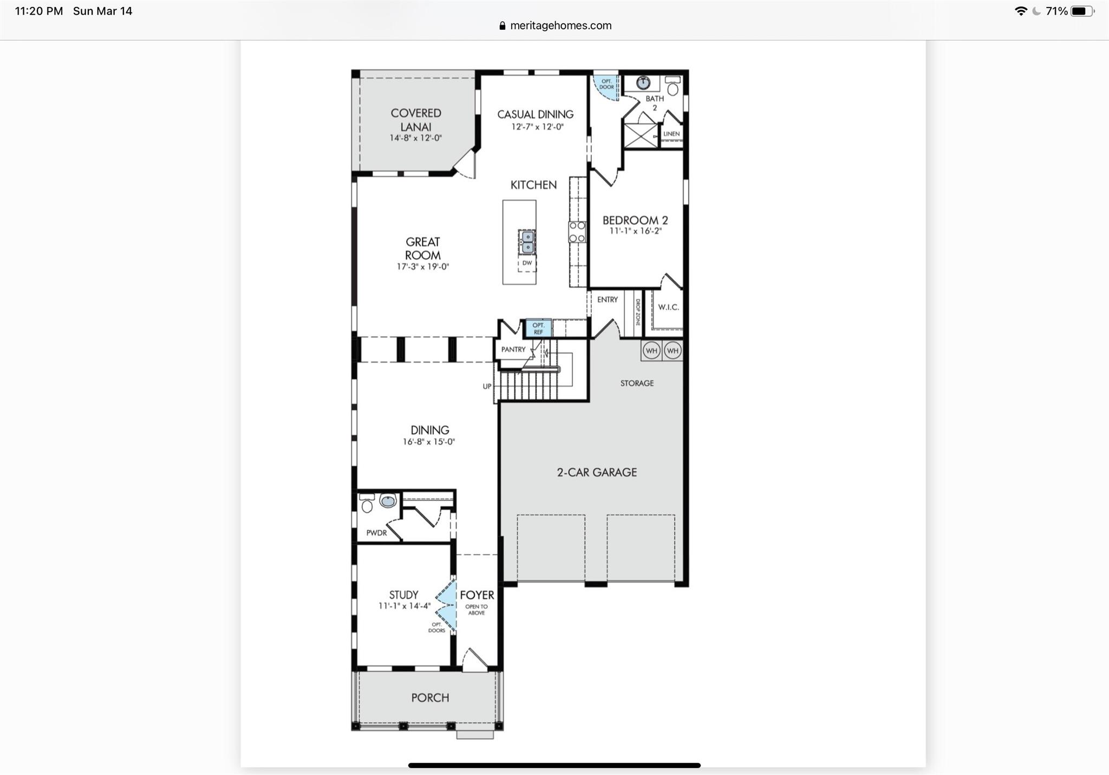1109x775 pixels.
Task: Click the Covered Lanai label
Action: point(415,120)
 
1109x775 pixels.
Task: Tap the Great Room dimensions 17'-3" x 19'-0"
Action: point(423,267)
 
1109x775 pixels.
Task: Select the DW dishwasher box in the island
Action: point(527,263)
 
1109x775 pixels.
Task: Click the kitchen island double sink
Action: point(527,242)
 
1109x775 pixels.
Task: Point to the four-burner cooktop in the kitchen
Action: point(577,231)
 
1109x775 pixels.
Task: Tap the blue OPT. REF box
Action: point(538,328)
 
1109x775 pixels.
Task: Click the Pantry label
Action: point(513,350)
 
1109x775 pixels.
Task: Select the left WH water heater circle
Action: point(651,351)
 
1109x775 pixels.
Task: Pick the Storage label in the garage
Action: point(637,383)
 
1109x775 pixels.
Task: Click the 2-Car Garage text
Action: point(597,472)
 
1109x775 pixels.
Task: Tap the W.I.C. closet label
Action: point(668,307)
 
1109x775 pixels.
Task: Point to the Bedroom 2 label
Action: point(635,220)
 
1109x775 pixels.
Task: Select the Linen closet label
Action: point(671,134)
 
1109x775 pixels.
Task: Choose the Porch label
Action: point(430,697)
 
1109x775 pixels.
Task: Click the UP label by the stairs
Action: point(487,386)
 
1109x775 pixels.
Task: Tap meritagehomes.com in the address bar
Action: point(560,25)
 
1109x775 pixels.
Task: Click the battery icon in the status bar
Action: point(1081,11)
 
